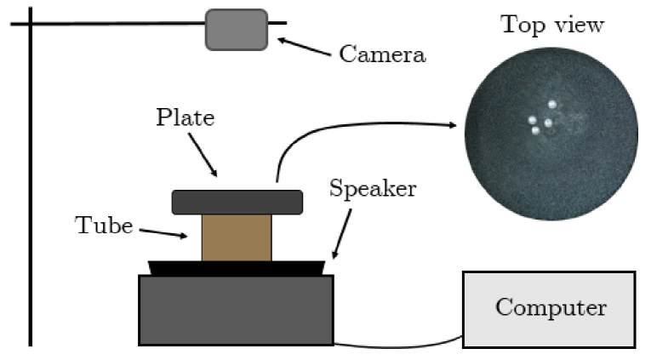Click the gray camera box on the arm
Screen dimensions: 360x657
236,30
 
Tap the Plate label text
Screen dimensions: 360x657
185,117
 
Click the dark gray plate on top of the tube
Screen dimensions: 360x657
237,202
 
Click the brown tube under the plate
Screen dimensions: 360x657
237,237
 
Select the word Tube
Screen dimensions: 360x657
105,226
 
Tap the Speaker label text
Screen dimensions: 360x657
373,188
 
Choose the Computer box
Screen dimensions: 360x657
549,309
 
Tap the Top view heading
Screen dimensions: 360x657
552,25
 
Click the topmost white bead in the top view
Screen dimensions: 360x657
552,104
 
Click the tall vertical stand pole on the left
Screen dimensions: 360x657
31,179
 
